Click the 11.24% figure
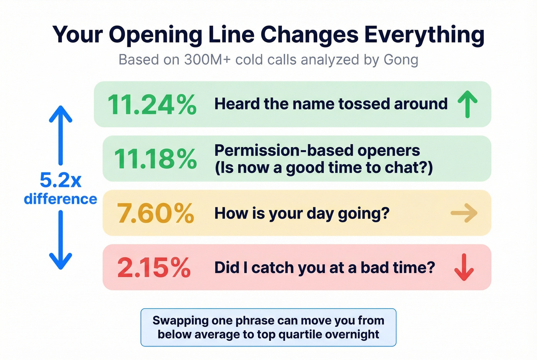152,105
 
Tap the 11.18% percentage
155,159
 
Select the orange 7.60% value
155,213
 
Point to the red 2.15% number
154,268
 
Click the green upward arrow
468,104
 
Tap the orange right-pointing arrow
464,213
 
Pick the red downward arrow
464,267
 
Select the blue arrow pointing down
61,240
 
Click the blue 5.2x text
61,180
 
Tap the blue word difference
61,199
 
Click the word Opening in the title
155,35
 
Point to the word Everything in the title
424,35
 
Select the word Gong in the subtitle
400,60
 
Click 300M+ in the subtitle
207,60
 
